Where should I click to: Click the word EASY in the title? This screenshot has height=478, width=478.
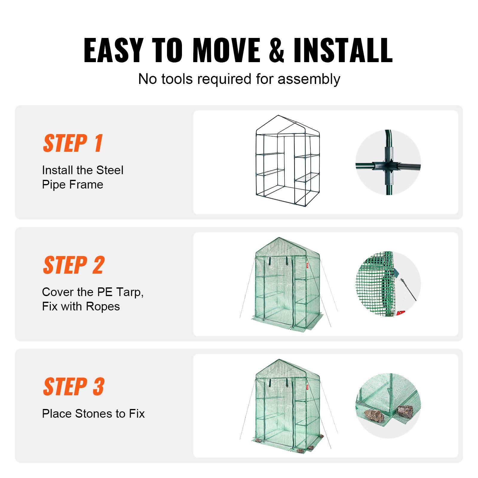pos(113,50)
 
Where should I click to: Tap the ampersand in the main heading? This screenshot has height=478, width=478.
pos(276,50)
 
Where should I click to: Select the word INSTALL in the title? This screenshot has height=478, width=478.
pos(343,50)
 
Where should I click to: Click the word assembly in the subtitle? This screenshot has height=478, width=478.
pos(309,79)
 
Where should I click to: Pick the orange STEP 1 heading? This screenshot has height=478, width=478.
pos(73,143)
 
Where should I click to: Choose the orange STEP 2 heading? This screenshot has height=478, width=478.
pos(74,265)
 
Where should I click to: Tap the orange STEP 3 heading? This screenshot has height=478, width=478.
pos(74,387)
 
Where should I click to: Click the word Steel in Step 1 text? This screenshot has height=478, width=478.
pos(110,170)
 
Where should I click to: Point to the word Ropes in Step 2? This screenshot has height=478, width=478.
pos(103,307)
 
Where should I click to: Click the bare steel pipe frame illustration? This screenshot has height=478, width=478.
pos(287,161)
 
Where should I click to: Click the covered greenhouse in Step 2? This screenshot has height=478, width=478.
pos(287,284)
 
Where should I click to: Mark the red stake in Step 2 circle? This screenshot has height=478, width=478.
pos(401,312)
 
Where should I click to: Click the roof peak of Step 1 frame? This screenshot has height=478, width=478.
pos(278,116)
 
